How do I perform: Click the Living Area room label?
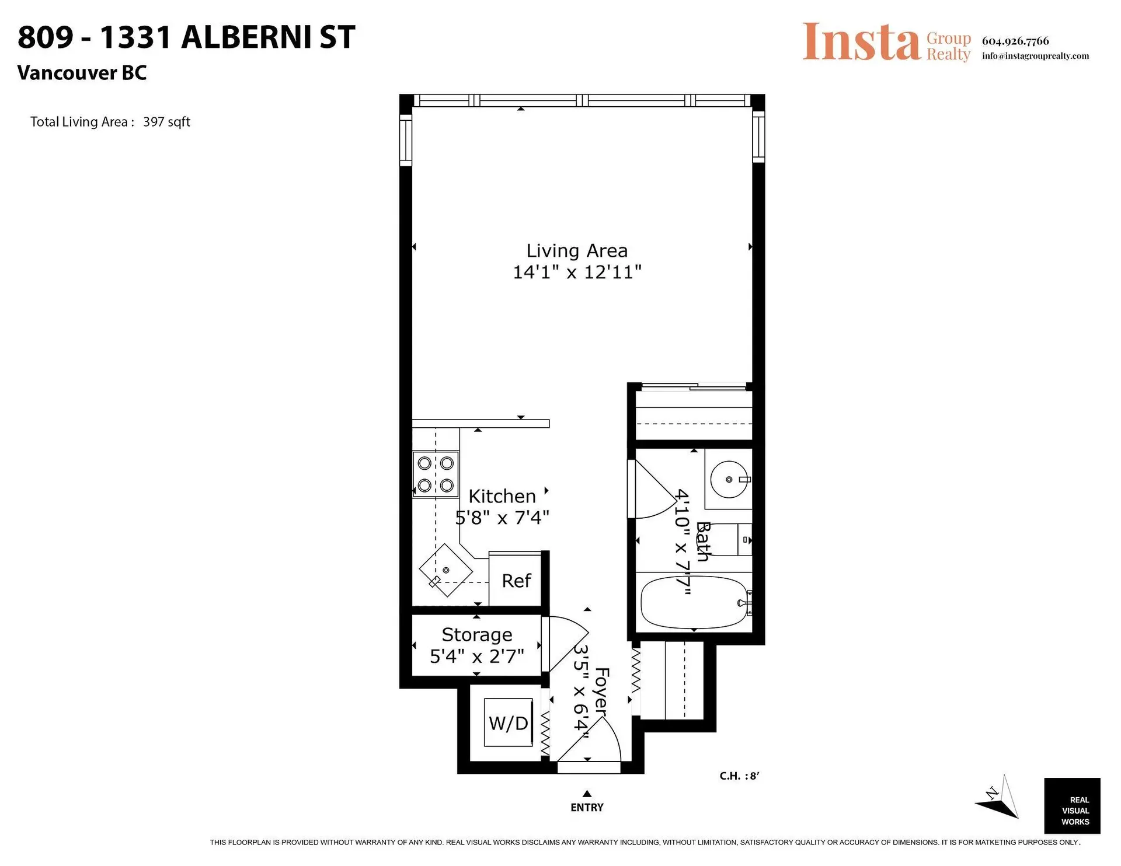[x=577, y=251]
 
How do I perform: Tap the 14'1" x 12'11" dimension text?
[x=577, y=273]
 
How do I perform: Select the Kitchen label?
[x=502, y=497]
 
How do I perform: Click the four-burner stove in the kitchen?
[x=436, y=474]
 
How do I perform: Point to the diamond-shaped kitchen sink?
[x=445, y=570]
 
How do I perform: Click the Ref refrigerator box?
[x=516, y=581]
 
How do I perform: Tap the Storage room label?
[x=477, y=634]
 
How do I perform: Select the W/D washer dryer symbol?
[x=509, y=723]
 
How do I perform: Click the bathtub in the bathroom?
[x=694, y=602]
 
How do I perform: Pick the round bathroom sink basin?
[x=729, y=479]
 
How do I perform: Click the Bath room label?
[x=702, y=542]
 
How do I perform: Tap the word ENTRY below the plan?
[x=587, y=808]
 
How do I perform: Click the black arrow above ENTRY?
[x=587, y=794]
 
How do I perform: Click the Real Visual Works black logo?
[x=1072, y=806]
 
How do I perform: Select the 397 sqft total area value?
[x=166, y=122]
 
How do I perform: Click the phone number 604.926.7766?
[x=1015, y=41]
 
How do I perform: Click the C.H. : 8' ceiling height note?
[x=739, y=776]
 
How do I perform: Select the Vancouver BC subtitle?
[x=82, y=73]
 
